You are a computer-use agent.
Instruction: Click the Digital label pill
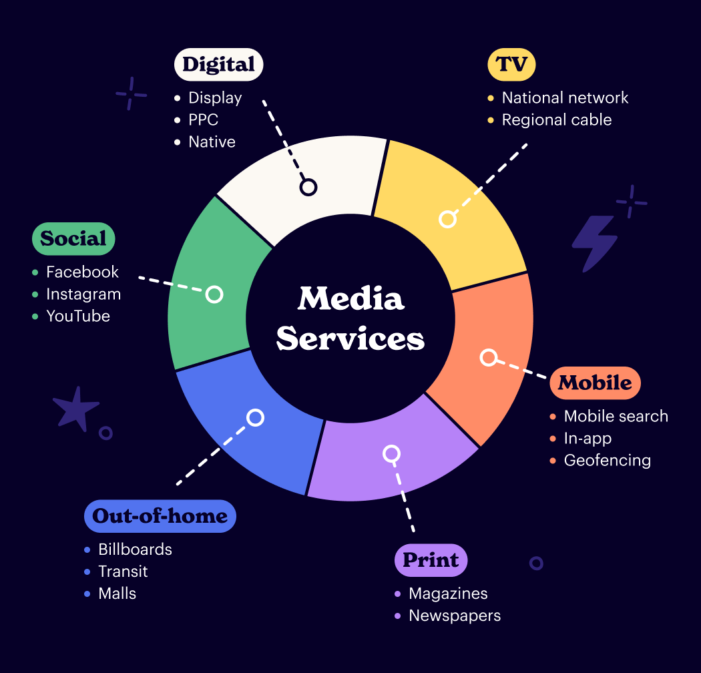click(218, 65)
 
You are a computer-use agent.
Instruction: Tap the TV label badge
click(511, 65)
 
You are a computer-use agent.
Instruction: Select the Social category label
click(73, 238)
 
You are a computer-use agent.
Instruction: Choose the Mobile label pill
click(595, 383)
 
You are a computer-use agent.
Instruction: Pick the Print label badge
click(431, 560)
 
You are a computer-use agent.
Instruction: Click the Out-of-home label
click(160, 516)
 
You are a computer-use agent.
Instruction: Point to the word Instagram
click(83, 294)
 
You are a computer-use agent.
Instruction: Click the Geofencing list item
click(607, 460)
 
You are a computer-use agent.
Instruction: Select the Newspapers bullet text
click(455, 616)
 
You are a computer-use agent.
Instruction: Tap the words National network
click(565, 97)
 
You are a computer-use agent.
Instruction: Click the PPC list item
click(203, 120)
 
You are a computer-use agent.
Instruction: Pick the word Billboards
click(135, 549)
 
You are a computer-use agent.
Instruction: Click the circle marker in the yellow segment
click(447, 219)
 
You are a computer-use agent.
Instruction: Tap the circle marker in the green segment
click(214, 294)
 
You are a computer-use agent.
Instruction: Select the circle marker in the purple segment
click(391, 454)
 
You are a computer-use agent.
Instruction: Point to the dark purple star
click(75, 409)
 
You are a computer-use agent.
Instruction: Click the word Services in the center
click(350, 339)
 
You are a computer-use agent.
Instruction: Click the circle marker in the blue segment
click(255, 418)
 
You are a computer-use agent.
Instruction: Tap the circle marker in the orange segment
click(489, 358)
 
